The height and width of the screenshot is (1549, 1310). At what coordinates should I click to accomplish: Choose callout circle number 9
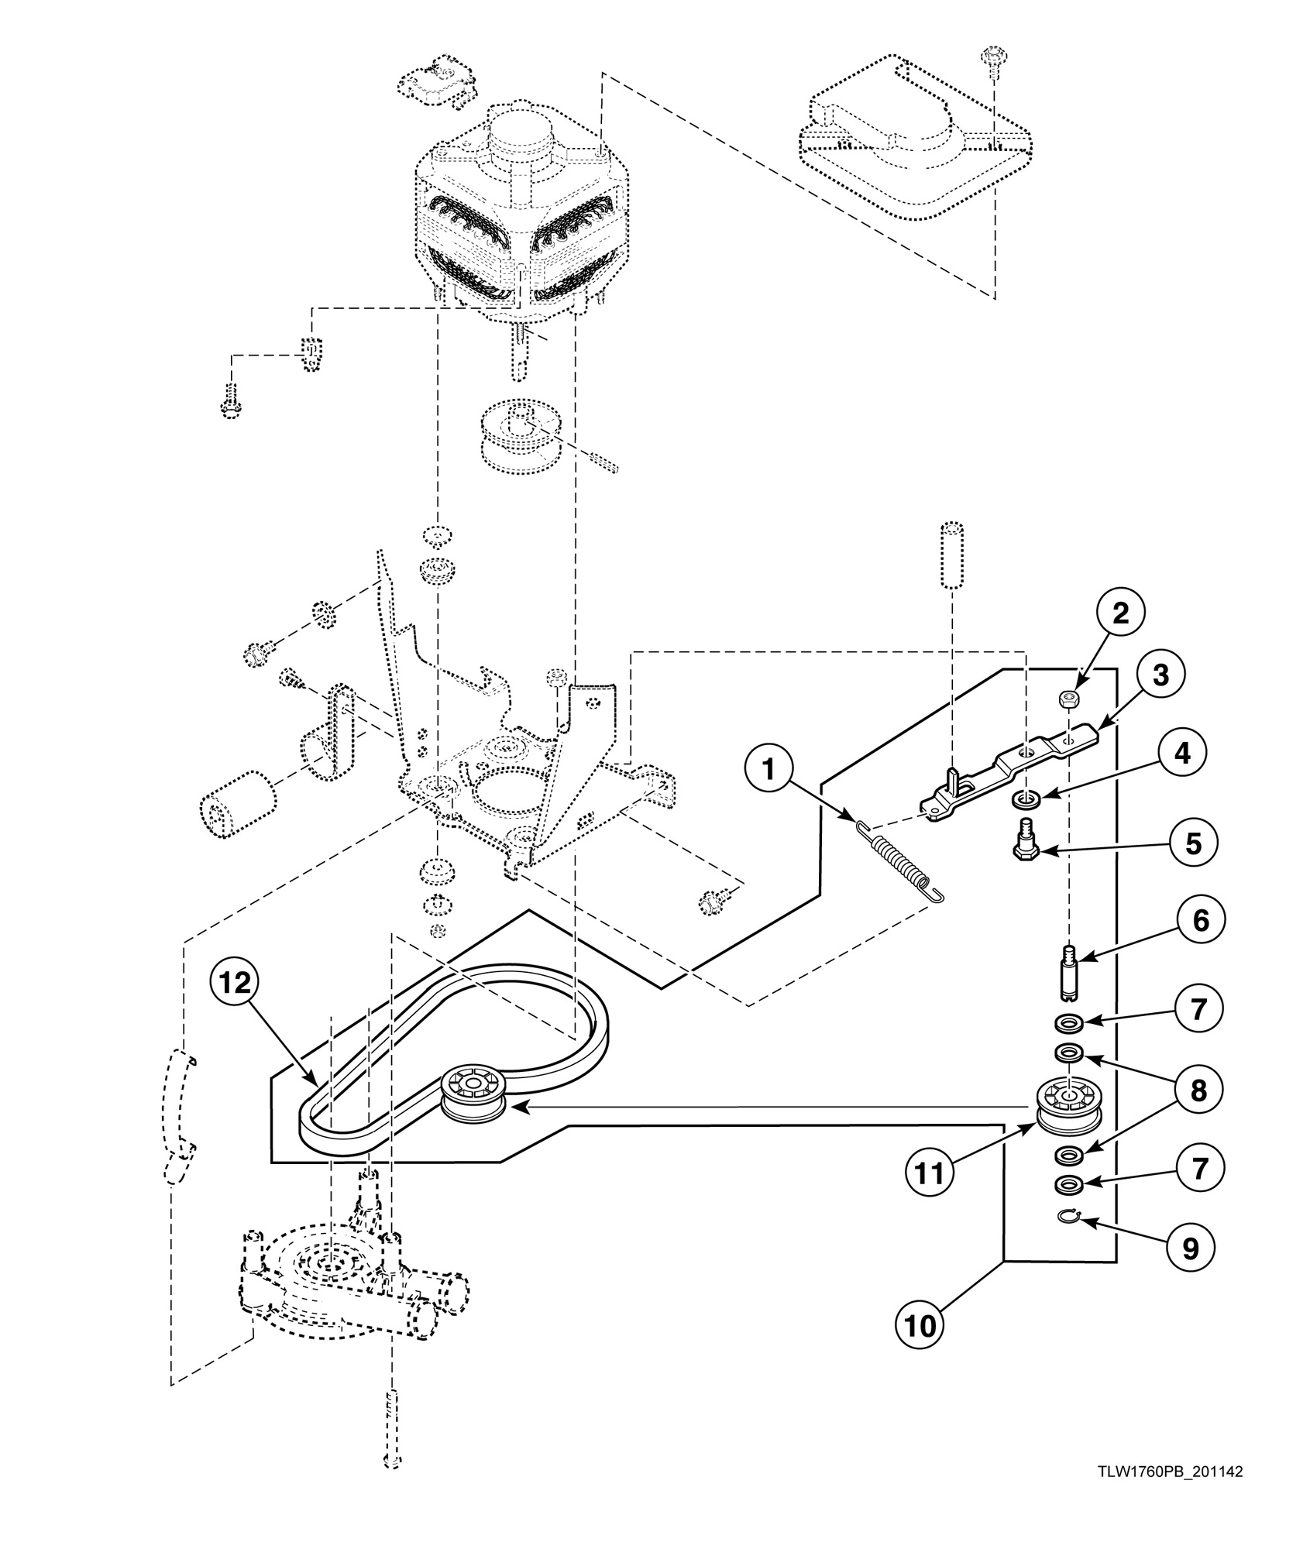pos(1189,1247)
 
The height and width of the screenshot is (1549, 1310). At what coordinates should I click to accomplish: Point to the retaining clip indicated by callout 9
pos(1069,1219)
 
